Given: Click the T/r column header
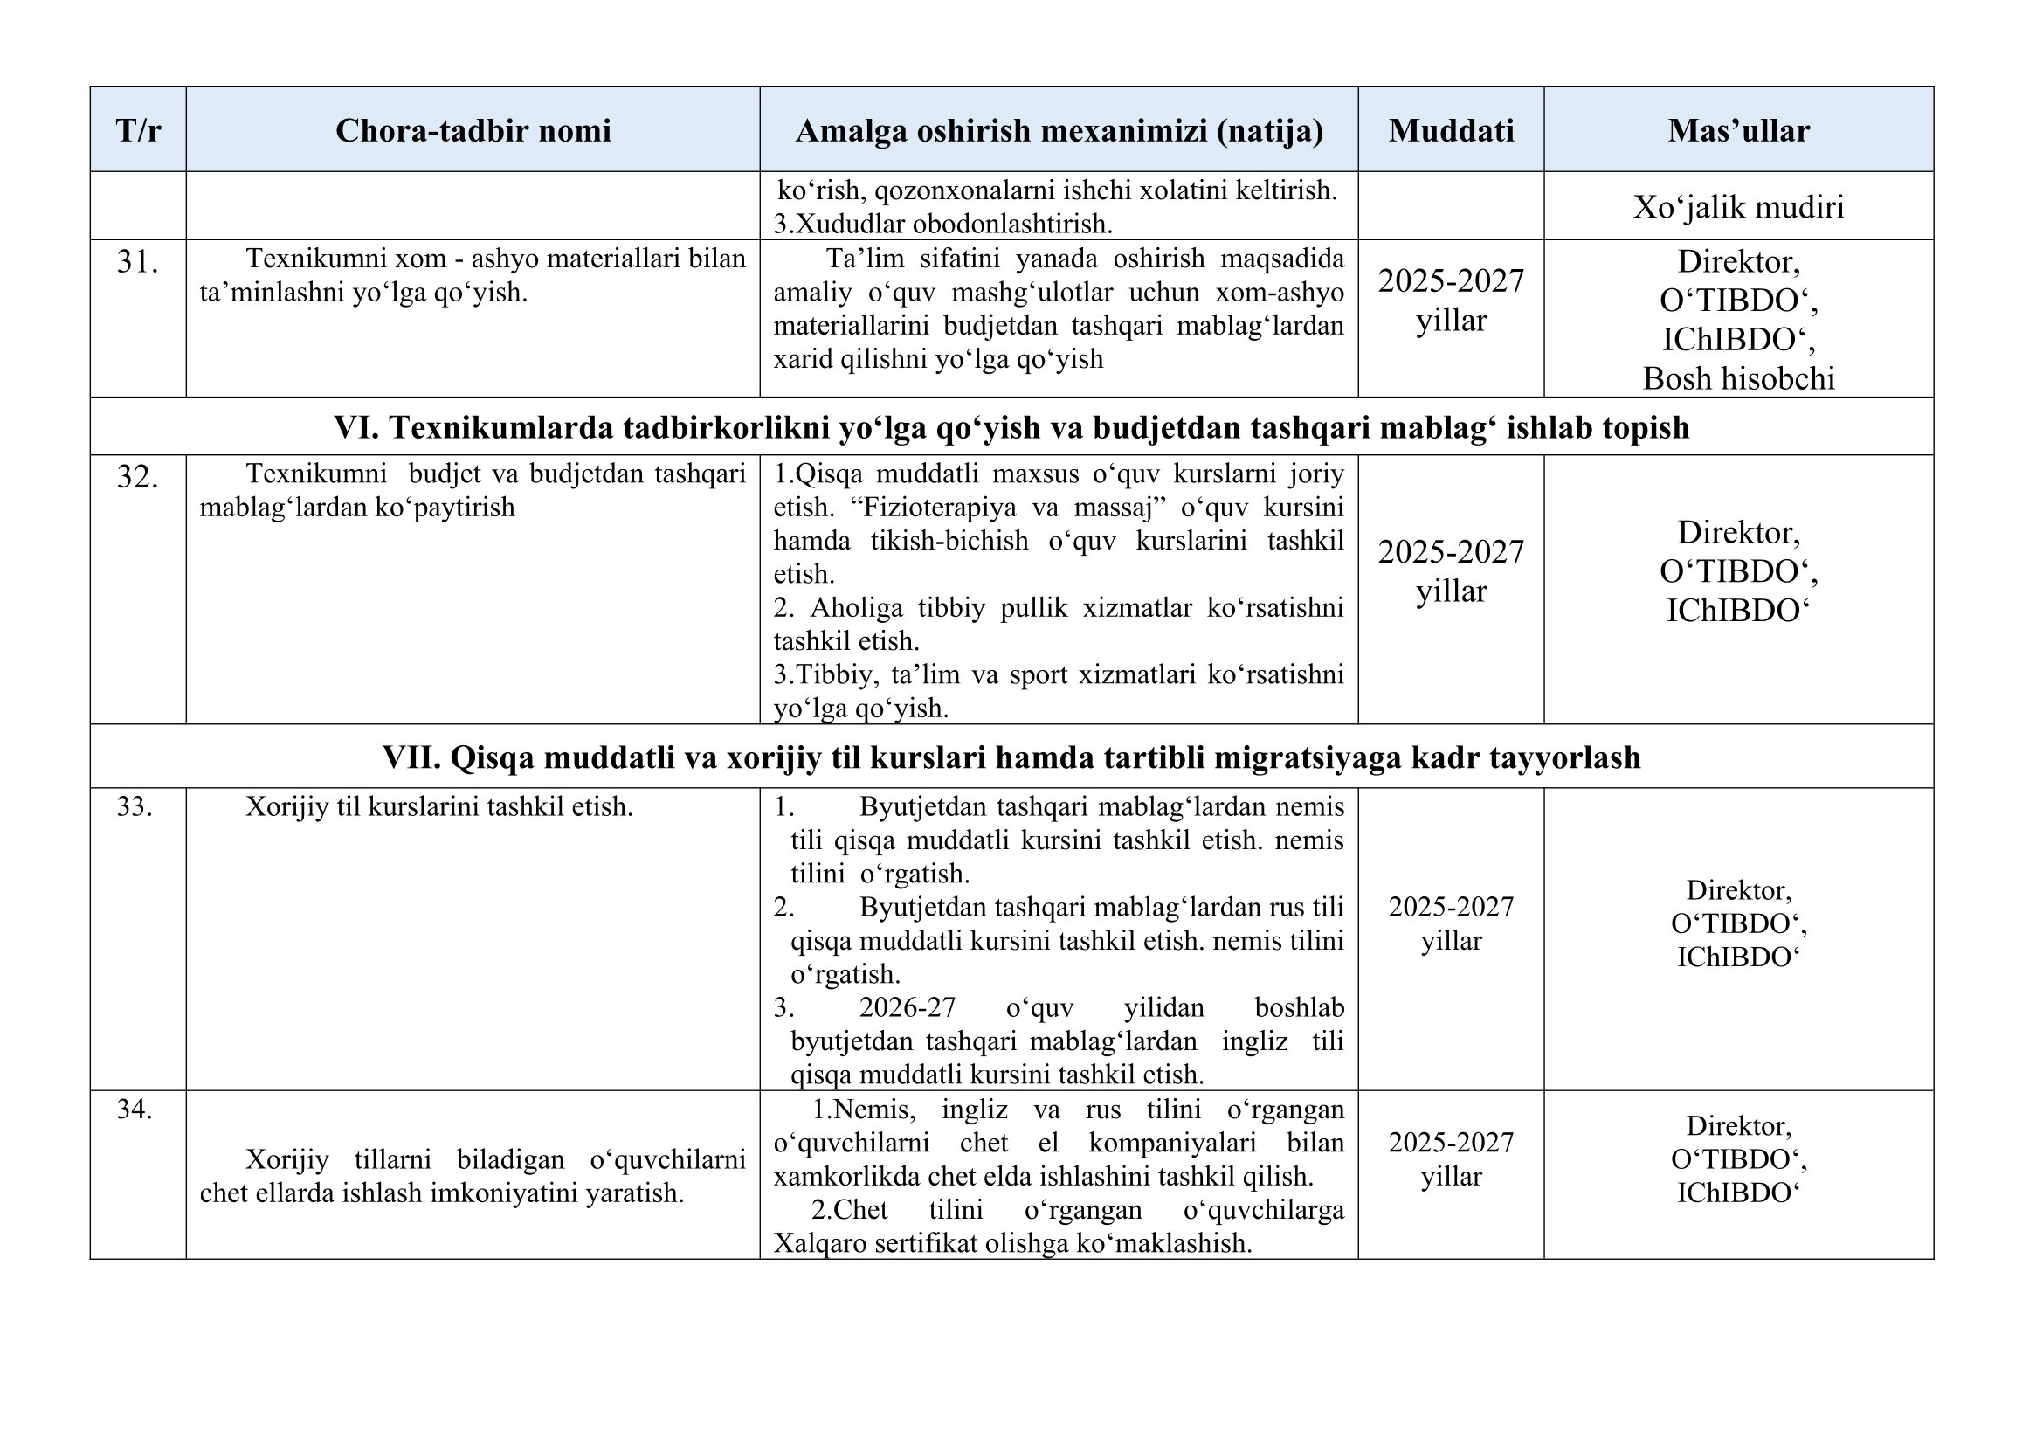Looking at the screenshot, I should (x=138, y=131).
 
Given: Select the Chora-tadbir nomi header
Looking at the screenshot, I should (x=473, y=131).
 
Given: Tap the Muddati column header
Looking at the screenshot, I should (x=1451, y=131).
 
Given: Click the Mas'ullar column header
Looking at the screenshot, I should (x=1738, y=131).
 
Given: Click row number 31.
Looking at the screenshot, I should (x=137, y=261).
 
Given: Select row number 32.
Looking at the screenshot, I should (x=137, y=478).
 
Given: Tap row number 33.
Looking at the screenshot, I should (x=135, y=806).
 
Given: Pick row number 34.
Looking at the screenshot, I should (x=135, y=1110).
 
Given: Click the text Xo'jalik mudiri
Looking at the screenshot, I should (x=1738, y=207).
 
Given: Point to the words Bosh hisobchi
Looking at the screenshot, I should (x=1738, y=379).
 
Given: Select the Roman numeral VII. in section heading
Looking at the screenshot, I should (x=411, y=757).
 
